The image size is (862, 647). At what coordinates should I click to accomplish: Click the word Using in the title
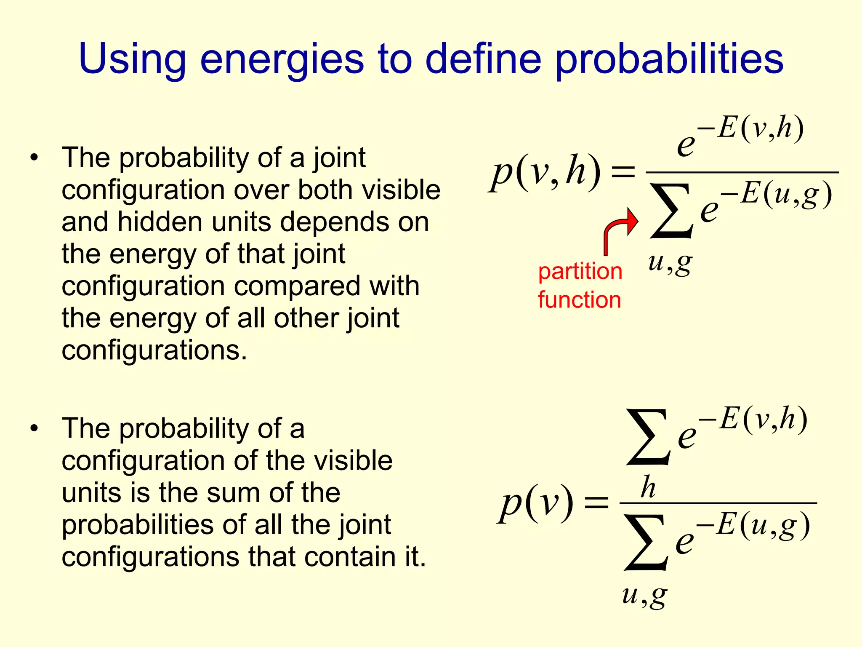[x=132, y=60]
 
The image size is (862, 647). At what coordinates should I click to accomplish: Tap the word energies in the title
[x=282, y=60]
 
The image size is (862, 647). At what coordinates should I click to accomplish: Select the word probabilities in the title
[x=669, y=60]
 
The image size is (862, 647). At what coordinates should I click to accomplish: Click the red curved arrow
[x=619, y=230]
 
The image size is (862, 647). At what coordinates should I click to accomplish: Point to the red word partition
[x=580, y=271]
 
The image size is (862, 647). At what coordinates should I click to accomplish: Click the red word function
[x=579, y=300]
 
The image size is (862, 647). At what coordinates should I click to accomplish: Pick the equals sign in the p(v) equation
[x=596, y=503]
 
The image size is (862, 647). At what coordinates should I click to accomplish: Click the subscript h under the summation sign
[x=648, y=487]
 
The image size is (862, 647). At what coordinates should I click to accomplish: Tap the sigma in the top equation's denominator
[x=671, y=211]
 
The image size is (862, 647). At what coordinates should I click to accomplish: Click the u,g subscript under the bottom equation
[x=644, y=596]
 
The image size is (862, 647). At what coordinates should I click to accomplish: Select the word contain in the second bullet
[x=349, y=557]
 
